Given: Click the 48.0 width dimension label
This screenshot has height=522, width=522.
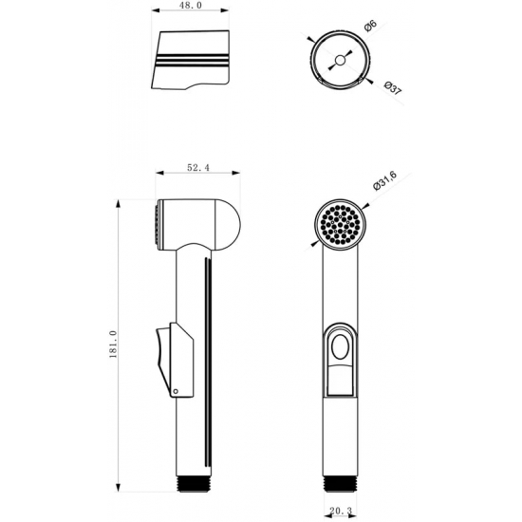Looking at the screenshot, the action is point(191,6).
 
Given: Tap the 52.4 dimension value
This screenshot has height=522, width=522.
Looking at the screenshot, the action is point(198,168).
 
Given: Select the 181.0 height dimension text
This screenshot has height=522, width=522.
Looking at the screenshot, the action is point(113,345).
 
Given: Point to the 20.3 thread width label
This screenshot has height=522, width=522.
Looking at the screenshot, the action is point(341,511).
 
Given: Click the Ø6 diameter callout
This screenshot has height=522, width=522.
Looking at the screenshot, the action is point(370,26).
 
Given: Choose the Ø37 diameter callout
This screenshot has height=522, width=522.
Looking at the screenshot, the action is point(393,88).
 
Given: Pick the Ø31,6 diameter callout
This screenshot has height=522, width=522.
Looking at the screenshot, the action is point(385,180).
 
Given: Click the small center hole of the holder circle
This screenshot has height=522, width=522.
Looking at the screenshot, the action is point(340,60).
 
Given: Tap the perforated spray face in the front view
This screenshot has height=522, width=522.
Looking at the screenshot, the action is point(340,224).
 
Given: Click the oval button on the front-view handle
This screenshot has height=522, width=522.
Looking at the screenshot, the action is point(340,346).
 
